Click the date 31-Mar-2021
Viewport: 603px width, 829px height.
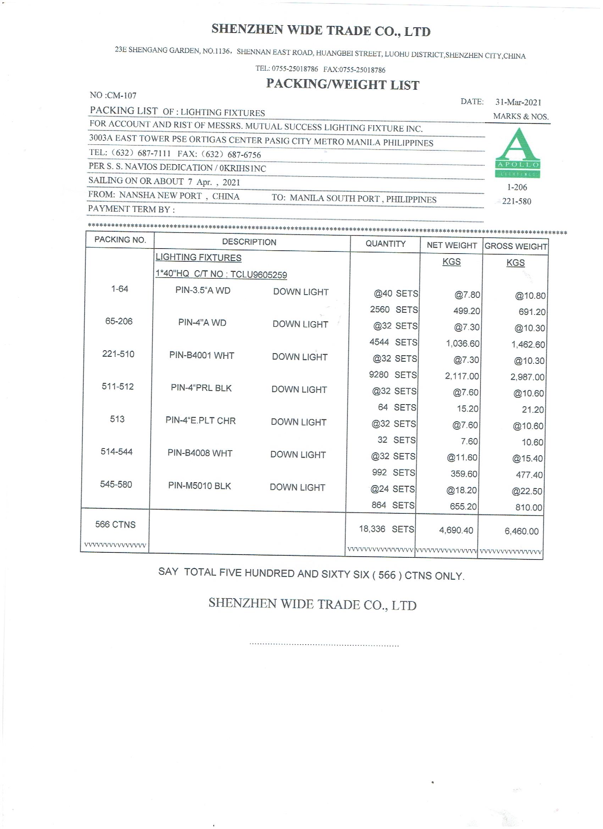point(518,102)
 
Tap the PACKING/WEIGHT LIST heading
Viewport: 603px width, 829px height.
point(342,84)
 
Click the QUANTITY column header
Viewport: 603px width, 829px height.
point(386,244)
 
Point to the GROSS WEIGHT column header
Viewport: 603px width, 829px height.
point(516,246)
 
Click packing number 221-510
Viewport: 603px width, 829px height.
point(118,354)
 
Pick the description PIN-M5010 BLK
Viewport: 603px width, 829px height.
point(199,486)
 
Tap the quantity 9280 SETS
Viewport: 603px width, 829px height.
point(393,375)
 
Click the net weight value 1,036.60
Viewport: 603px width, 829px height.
point(462,344)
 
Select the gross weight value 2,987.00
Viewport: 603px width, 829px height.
point(527,377)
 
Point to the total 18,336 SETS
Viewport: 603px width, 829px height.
point(387,529)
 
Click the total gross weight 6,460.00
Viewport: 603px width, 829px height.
point(521,531)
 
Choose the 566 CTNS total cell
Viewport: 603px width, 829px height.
point(115,524)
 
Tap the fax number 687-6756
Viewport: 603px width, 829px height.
point(244,155)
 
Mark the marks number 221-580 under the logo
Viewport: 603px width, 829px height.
point(516,201)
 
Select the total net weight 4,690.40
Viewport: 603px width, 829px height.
point(456,530)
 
